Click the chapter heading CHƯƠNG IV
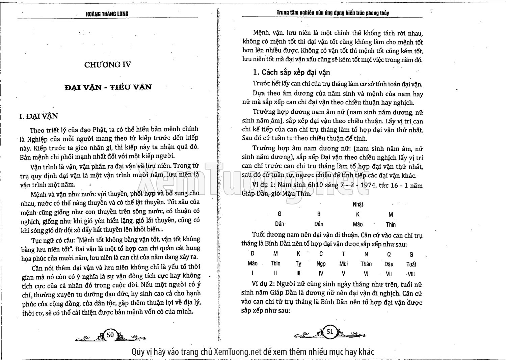click(107, 64)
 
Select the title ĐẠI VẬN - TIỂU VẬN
click(108, 87)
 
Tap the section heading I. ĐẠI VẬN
click(39, 116)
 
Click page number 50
click(110, 335)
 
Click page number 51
click(330, 331)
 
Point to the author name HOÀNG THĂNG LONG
click(107, 14)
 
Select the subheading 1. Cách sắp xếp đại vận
click(291, 72)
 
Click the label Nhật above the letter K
click(358, 204)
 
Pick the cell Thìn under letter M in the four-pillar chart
click(391, 224)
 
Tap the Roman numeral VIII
click(411, 274)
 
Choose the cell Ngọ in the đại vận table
click(321, 264)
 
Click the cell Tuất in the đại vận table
click(411, 264)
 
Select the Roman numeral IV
click(321, 274)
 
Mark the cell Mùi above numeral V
click(343, 264)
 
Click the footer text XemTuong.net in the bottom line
click(238, 352)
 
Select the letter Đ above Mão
click(252, 254)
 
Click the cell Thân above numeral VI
click(366, 264)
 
